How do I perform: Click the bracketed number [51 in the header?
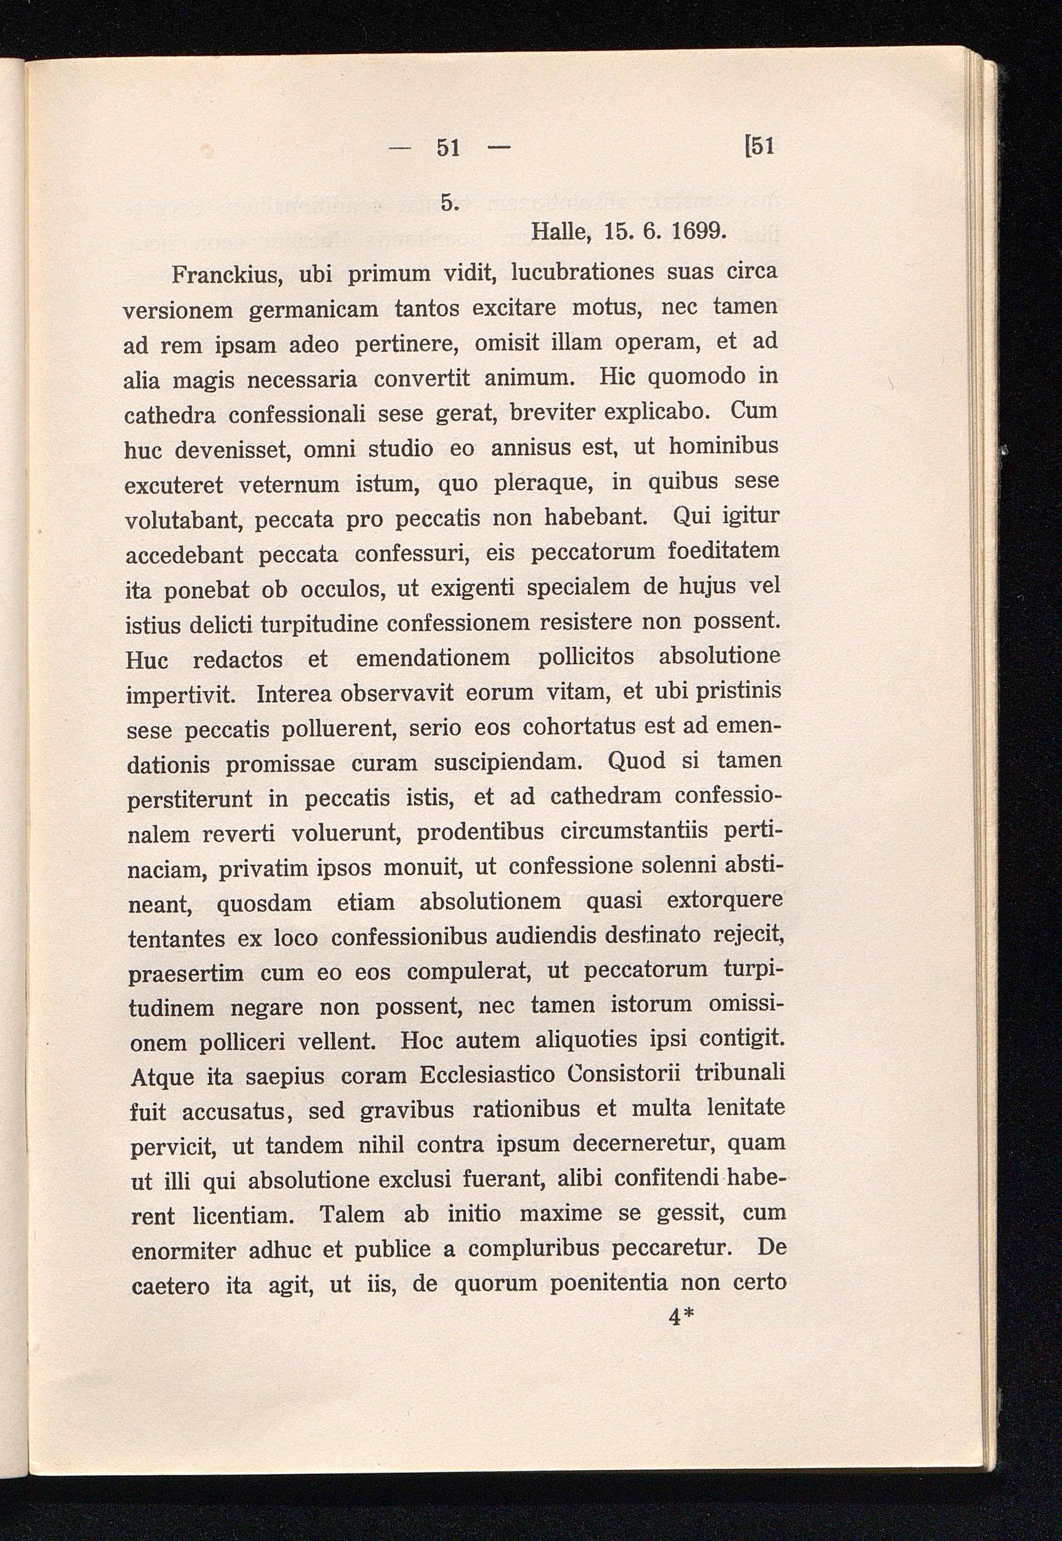pyautogui.click(x=758, y=146)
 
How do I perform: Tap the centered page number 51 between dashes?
pyautogui.click(x=448, y=147)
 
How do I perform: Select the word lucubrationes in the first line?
pyautogui.click(x=584, y=273)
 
